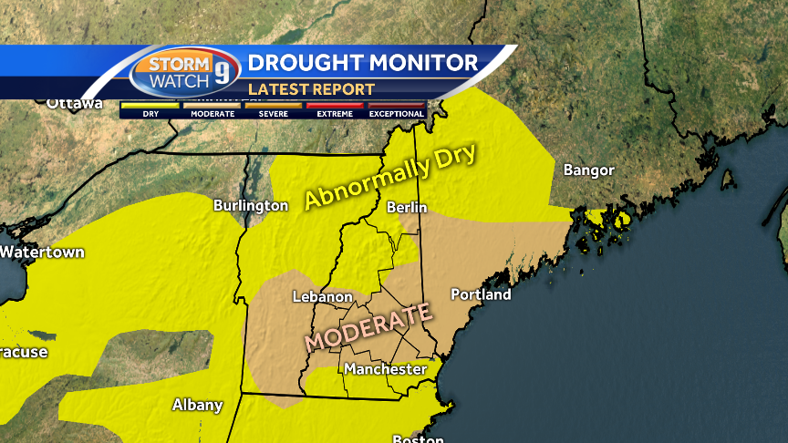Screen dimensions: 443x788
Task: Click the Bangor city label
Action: (x=588, y=170)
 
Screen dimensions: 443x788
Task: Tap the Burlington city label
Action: (x=250, y=206)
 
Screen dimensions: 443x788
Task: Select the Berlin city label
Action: (x=407, y=208)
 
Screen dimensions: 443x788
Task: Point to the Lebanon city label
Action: (x=322, y=297)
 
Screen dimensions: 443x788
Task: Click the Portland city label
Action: (x=481, y=294)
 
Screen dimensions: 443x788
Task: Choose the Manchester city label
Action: (x=385, y=369)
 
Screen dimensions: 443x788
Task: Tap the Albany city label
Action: (x=198, y=405)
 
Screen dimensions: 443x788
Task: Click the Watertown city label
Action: (x=42, y=252)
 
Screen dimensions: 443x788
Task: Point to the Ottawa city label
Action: (x=75, y=103)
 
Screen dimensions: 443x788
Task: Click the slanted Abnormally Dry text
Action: (x=390, y=176)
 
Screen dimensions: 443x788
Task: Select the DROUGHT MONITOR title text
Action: (x=363, y=63)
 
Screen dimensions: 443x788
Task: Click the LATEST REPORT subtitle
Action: (x=311, y=89)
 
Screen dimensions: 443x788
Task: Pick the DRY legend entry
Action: (x=150, y=109)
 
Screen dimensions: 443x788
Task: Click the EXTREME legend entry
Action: (x=335, y=109)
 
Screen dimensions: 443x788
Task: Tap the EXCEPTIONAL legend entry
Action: (x=396, y=109)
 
